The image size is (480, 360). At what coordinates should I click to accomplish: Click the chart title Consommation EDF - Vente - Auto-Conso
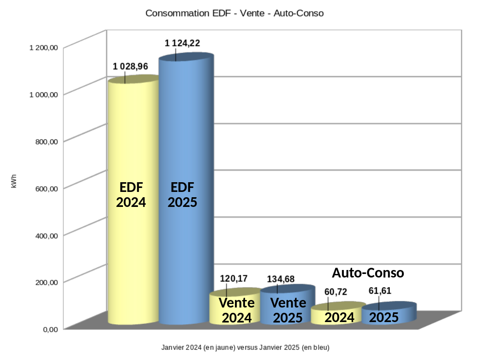pos(234,13)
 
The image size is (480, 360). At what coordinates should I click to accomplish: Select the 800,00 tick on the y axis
pos(46,142)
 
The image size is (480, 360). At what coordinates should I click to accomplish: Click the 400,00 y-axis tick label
pos(46,236)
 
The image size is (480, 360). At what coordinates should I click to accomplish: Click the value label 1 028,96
pos(130,67)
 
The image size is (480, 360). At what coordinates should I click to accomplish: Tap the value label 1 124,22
pos(182,43)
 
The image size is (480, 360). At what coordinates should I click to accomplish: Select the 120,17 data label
pos(233,279)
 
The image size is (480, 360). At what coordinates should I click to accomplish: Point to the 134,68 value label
pos(281,279)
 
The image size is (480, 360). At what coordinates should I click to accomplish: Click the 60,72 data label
pos(332,292)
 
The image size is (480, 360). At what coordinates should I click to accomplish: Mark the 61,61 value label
pos(380,291)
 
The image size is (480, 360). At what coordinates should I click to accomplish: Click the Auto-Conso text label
pos(368,273)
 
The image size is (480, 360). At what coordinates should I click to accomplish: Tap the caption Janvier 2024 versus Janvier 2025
pos(246,347)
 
